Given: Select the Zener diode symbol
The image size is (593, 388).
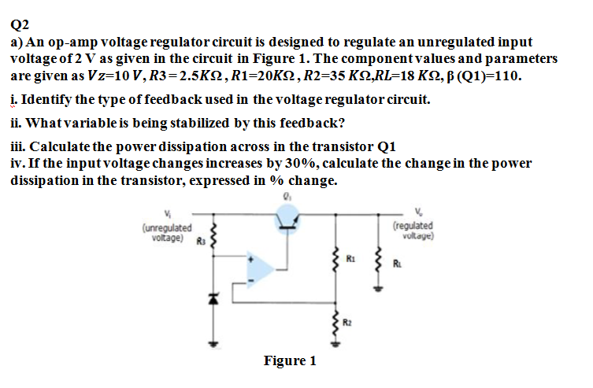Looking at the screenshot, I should [211, 297].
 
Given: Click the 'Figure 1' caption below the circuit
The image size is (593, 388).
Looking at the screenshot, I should [289, 360].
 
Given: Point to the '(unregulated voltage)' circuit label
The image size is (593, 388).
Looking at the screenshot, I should [164, 232].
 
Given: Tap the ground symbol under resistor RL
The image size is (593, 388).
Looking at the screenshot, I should [376, 290].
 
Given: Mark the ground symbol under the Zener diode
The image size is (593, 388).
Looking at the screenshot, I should [211, 345].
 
